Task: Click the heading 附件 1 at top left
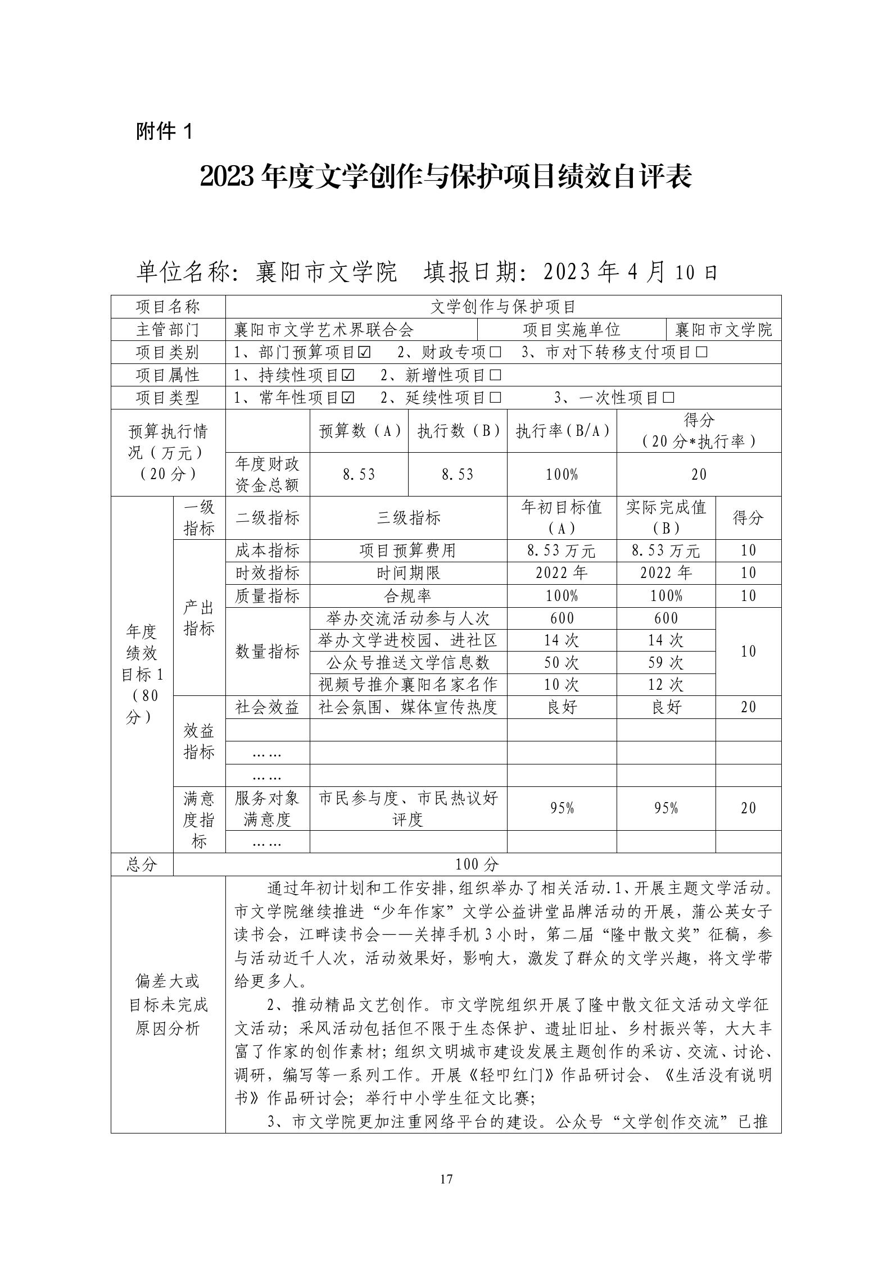click(164, 132)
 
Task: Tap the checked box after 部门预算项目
click(364, 353)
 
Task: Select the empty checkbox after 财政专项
click(495, 353)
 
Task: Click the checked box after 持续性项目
click(348, 375)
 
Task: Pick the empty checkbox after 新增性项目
click(495, 375)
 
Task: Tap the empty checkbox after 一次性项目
click(668, 398)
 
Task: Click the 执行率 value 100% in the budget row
click(562, 475)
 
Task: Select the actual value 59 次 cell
click(665, 663)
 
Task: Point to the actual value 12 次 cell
click(665, 685)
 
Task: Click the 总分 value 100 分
click(477, 864)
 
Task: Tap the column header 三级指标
click(408, 518)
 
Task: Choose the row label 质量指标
click(267, 596)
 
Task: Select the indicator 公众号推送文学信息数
click(408, 663)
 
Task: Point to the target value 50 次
click(562, 663)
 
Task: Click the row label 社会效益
click(267, 707)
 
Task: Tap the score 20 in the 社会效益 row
click(748, 707)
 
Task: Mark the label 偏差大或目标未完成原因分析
click(167, 1004)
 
